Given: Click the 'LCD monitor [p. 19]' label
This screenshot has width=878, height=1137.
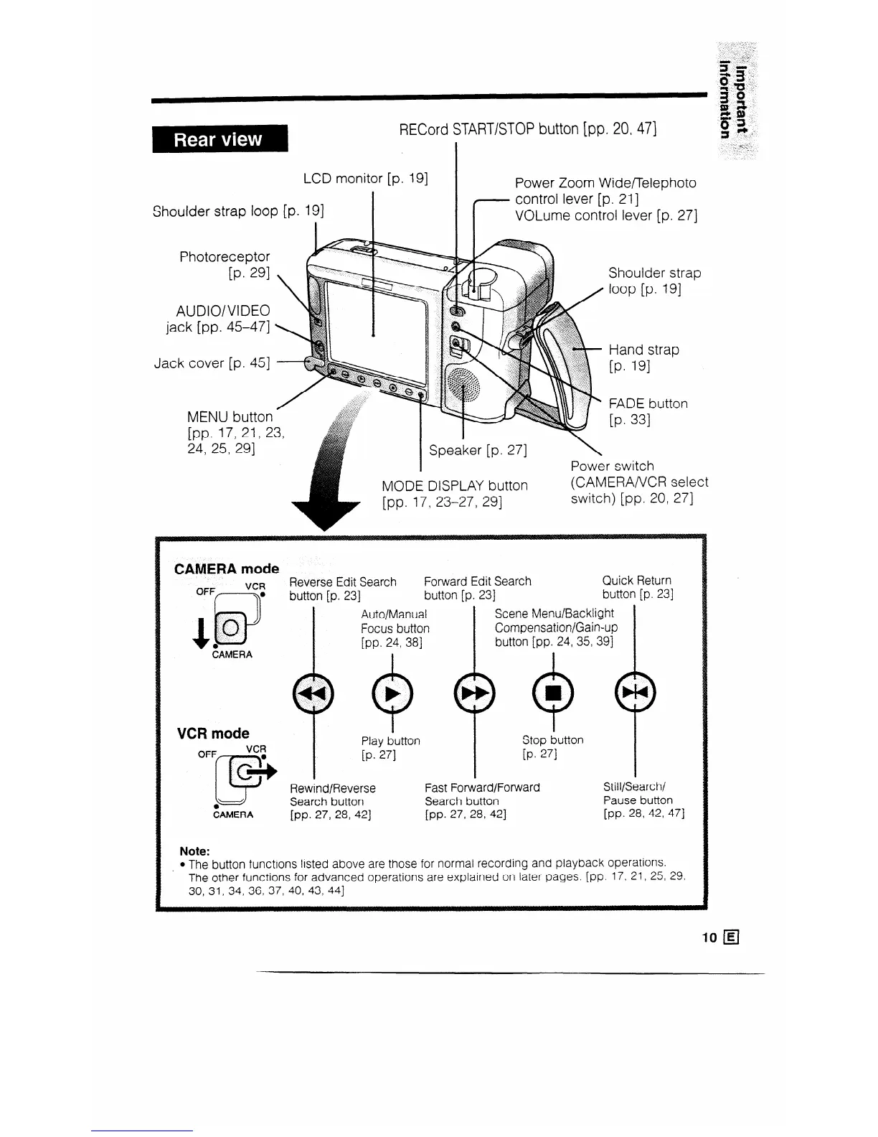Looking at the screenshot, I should (367, 178).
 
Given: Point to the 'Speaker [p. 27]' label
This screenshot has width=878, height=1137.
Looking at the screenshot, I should (478, 451).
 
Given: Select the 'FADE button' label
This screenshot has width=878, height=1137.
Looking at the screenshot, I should (648, 403).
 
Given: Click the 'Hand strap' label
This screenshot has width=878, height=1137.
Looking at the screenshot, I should (643, 350).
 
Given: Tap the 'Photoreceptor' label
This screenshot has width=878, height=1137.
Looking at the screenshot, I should (225, 256).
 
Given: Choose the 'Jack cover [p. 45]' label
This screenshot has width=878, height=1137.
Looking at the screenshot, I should (212, 363).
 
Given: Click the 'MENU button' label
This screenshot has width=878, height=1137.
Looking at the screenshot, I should (230, 417).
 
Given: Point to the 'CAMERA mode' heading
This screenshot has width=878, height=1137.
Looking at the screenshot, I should (227, 568).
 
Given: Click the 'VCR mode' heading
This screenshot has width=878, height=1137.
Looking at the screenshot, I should (213, 734).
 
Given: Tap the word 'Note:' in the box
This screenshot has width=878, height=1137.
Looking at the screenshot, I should (194, 851).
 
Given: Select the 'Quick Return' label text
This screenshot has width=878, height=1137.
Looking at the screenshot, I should (637, 581).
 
